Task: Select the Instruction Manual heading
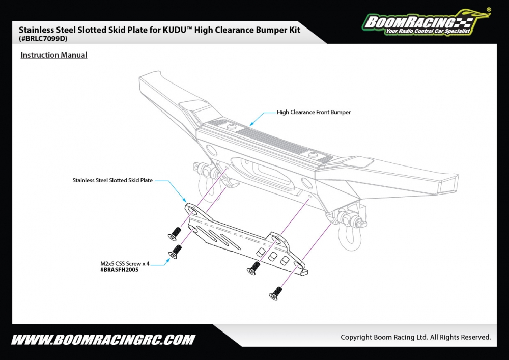coord(54,55)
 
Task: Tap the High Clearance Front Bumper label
coord(314,112)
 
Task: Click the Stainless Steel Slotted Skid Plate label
coord(112,180)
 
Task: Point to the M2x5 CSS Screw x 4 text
coord(125,263)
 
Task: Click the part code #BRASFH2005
coord(120,270)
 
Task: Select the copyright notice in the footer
coord(415,337)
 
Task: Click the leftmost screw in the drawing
coord(175,234)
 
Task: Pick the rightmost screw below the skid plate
coord(276,292)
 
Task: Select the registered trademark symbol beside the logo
coord(489,9)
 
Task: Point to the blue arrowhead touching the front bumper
coord(251,124)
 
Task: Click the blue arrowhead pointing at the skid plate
coord(185,202)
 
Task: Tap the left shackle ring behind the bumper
coord(200,169)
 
